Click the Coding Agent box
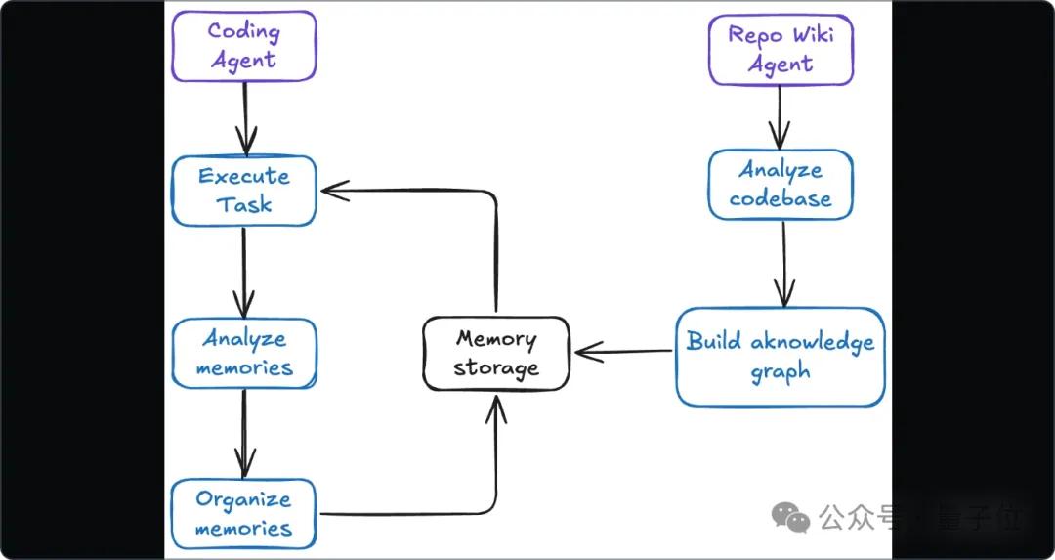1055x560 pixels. pyautogui.click(x=243, y=46)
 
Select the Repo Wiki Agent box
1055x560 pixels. pyautogui.click(x=781, y=51)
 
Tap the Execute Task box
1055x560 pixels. pyautogui.click(x=243, y=191)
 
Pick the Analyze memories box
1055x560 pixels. pyautogui.click(x=243, y=354)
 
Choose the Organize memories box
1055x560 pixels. pyautogui.click(x=243, y=513)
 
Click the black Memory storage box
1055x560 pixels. pyautogui.click(x=496, y=354)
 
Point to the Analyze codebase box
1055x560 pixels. pyautogui.click(x=781, y=185)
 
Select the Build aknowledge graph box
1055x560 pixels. pyautogui.click(x=781, y=357)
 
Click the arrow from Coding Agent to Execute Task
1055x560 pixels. pyautogui.click(x=245, y=119)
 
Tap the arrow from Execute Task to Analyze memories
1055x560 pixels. pyautogui.click(x=243, y=273)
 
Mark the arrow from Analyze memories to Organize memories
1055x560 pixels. pyautogui.click(x=244, y=434)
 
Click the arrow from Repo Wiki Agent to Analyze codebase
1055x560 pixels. pyautogui.click(x=780, y=118)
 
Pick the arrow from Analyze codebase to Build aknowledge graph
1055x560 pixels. pyautogui.click(x=783, y=264)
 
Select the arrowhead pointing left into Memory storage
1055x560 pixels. pyautogui.click(x=588, y=352)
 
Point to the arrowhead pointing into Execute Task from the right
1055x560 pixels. pyautogui.click(x=334, y=191)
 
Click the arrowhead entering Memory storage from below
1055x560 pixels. pyautogui.click(x=496, y=409)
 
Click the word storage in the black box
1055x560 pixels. pyautogui.click(x=496, y=368)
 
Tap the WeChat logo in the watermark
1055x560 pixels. pyautogui.click(x=790, y=517)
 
